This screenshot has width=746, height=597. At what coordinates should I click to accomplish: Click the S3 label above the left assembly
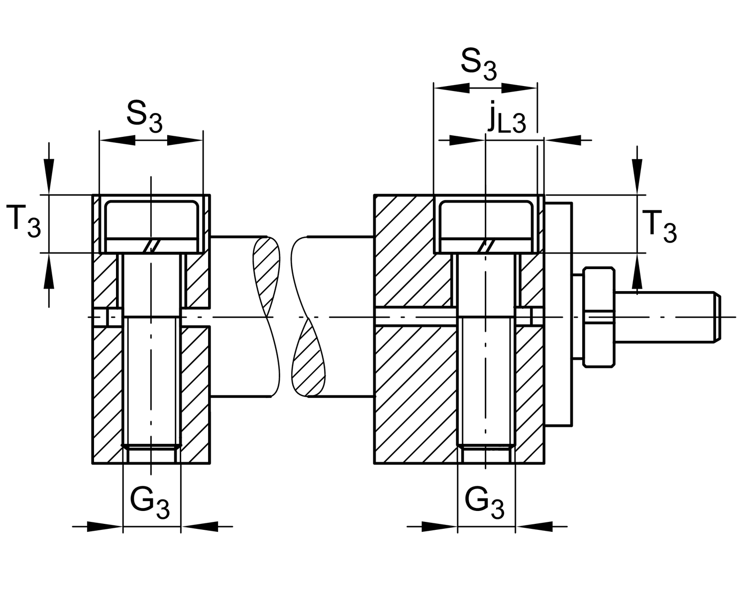(x=144, y=116)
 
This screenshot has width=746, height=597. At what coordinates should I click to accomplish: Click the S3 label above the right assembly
(x=478, y=65)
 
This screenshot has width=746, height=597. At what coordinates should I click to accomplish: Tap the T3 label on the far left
(x=24, y=222)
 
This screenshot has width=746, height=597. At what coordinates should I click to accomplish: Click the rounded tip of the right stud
(x=716, y=317)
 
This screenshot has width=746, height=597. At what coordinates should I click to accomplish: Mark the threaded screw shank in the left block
(x=151, y=383)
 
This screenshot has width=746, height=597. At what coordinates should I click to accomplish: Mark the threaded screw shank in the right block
(x=486, y=383)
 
